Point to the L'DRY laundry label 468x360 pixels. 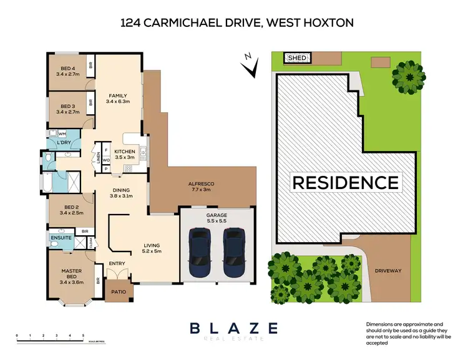(x=64, y=144)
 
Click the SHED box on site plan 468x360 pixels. (x=297, y=58)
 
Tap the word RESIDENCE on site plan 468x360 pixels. (x=345, y=182)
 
